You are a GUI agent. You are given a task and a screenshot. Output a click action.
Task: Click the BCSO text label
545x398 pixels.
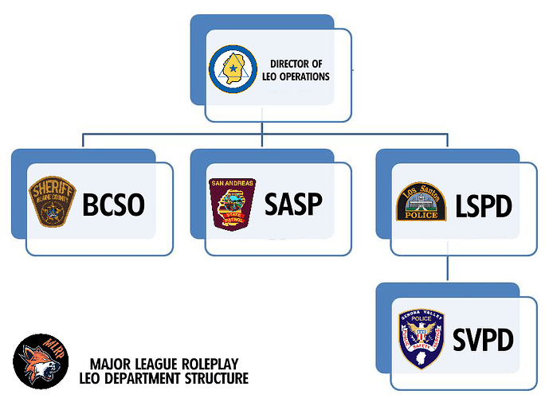tap(114, 205)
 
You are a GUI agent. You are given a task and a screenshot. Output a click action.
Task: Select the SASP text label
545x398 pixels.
tap(293, 205)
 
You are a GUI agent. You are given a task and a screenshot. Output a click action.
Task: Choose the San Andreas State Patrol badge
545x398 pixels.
tap(233, 204)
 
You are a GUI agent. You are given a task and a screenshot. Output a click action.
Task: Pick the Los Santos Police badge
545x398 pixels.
tap(421, 201)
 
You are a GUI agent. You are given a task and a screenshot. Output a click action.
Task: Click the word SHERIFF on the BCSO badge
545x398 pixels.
tap(52, 188)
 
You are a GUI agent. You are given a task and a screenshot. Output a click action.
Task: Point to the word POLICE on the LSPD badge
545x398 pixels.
tap(421, 214)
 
